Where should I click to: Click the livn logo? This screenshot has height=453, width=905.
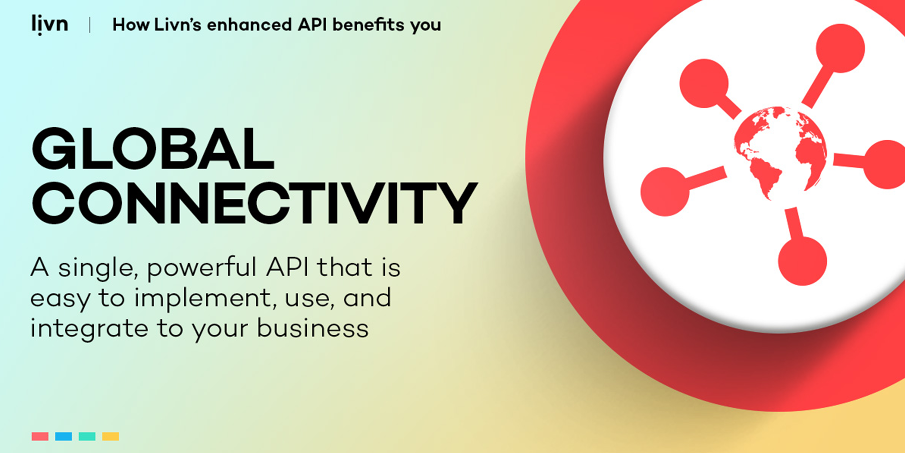pyautogui.click(x=50, y=25)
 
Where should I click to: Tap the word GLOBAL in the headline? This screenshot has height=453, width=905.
pyautogui.click(x=153, y=148)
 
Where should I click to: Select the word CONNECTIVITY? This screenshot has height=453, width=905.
pyautogui.click(x=254, y=203)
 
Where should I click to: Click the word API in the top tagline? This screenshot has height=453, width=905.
pyautogui.click(x=312, y=25)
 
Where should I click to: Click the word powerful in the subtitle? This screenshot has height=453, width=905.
pyautogui.click(x=201, y=268)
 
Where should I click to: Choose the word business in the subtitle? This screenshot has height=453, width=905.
pyautogui.click(x=312, y=328)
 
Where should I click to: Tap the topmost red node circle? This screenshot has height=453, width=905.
pyautogui.click(x=840, y=48)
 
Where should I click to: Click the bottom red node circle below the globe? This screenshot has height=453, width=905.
pyautogui.click(x=803, y=261)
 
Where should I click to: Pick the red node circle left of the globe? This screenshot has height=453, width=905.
pyautogui.click(x=665, y=192)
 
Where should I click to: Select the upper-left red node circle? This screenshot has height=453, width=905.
pyautogui.click(x=704, y=83)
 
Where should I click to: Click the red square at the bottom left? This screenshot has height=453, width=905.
pyautogui.click(x=40, y=436)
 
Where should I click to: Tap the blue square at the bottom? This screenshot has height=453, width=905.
pyautogui.click(x=63, y=436)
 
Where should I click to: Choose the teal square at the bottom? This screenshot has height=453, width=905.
pyautogui.click(x=87, y=436)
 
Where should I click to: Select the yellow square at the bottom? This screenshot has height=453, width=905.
pyautogui.click(x=111, y=436)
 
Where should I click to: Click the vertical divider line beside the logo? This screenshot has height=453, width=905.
pyautogui.click(x=90, y=25)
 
